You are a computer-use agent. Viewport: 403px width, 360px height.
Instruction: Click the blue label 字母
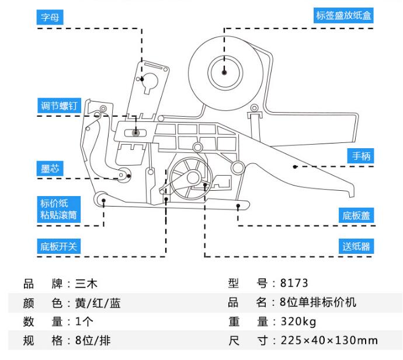50,18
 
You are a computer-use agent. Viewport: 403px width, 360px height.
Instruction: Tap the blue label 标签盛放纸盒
343,16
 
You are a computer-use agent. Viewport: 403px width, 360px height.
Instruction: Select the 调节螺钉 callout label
58,106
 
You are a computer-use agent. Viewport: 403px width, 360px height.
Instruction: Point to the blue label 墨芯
50,169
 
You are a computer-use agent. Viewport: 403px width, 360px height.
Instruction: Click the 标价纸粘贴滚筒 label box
58,209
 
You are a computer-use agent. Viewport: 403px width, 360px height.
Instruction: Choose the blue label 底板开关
58,246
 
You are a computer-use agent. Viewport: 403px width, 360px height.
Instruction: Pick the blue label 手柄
358,156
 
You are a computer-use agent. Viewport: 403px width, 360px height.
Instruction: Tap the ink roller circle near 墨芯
124,174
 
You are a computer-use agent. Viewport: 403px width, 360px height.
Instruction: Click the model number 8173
294,284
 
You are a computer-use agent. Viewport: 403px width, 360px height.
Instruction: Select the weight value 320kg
298,321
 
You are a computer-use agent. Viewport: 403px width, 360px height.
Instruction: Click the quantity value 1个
84,321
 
